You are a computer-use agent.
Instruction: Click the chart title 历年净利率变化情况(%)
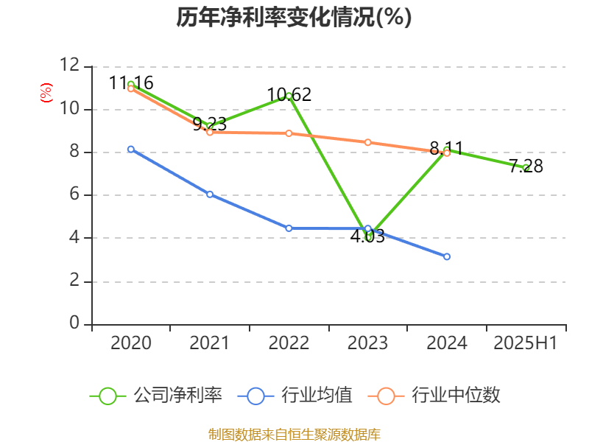click(294, 17)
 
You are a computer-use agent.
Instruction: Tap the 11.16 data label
click(131, 83)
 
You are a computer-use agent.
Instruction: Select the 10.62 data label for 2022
click(289, 94)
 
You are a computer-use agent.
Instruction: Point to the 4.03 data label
click(367, 237)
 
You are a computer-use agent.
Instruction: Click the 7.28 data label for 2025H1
click(526, 166)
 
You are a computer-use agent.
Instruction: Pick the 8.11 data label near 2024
click(446, 149)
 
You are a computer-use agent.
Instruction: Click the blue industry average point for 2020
click(131, 150)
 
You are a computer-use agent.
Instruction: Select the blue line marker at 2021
click(210, 194)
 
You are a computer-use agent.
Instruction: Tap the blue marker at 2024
click(447, 256)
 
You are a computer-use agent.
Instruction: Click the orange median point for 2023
click(367, 142)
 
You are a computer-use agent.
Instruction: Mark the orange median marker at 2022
click(289, 133)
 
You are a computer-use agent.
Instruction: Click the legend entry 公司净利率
click(177, 396)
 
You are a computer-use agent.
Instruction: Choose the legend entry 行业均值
click(317, 396)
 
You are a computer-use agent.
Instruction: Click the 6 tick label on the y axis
click(74, 195)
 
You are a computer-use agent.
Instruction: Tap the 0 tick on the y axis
click(74, 324)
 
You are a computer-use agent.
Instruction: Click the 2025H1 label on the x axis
click(526, 343)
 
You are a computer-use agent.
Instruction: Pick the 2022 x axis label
click(289, 343)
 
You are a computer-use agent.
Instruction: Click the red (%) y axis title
click(46, 92)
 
